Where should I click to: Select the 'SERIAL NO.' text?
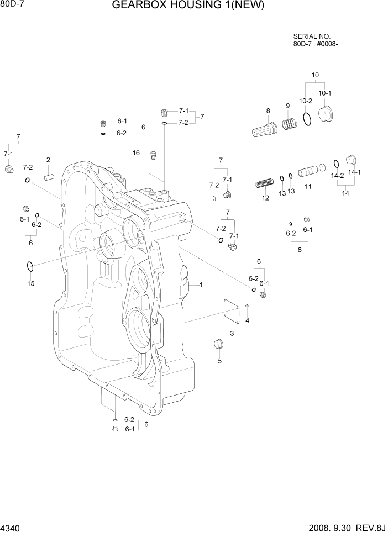coord(312,36)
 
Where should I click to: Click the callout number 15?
coord(31,284)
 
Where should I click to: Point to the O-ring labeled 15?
coord(30,267)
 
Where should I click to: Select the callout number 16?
coord(136,152)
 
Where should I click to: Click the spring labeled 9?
coord(288,124)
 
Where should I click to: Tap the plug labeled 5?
coord(218,344)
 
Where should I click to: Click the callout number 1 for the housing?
coord(202,285)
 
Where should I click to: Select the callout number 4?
coord(247,320)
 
